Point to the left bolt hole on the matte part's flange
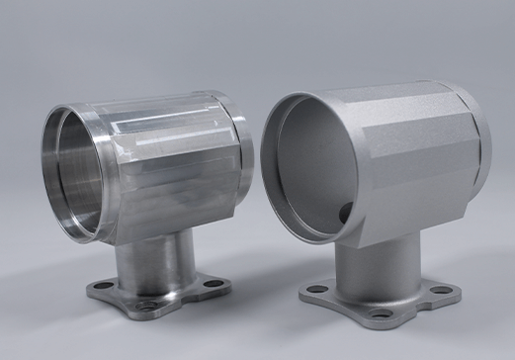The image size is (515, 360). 317,289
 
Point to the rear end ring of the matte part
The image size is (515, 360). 481,138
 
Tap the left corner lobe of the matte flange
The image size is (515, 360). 310,291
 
